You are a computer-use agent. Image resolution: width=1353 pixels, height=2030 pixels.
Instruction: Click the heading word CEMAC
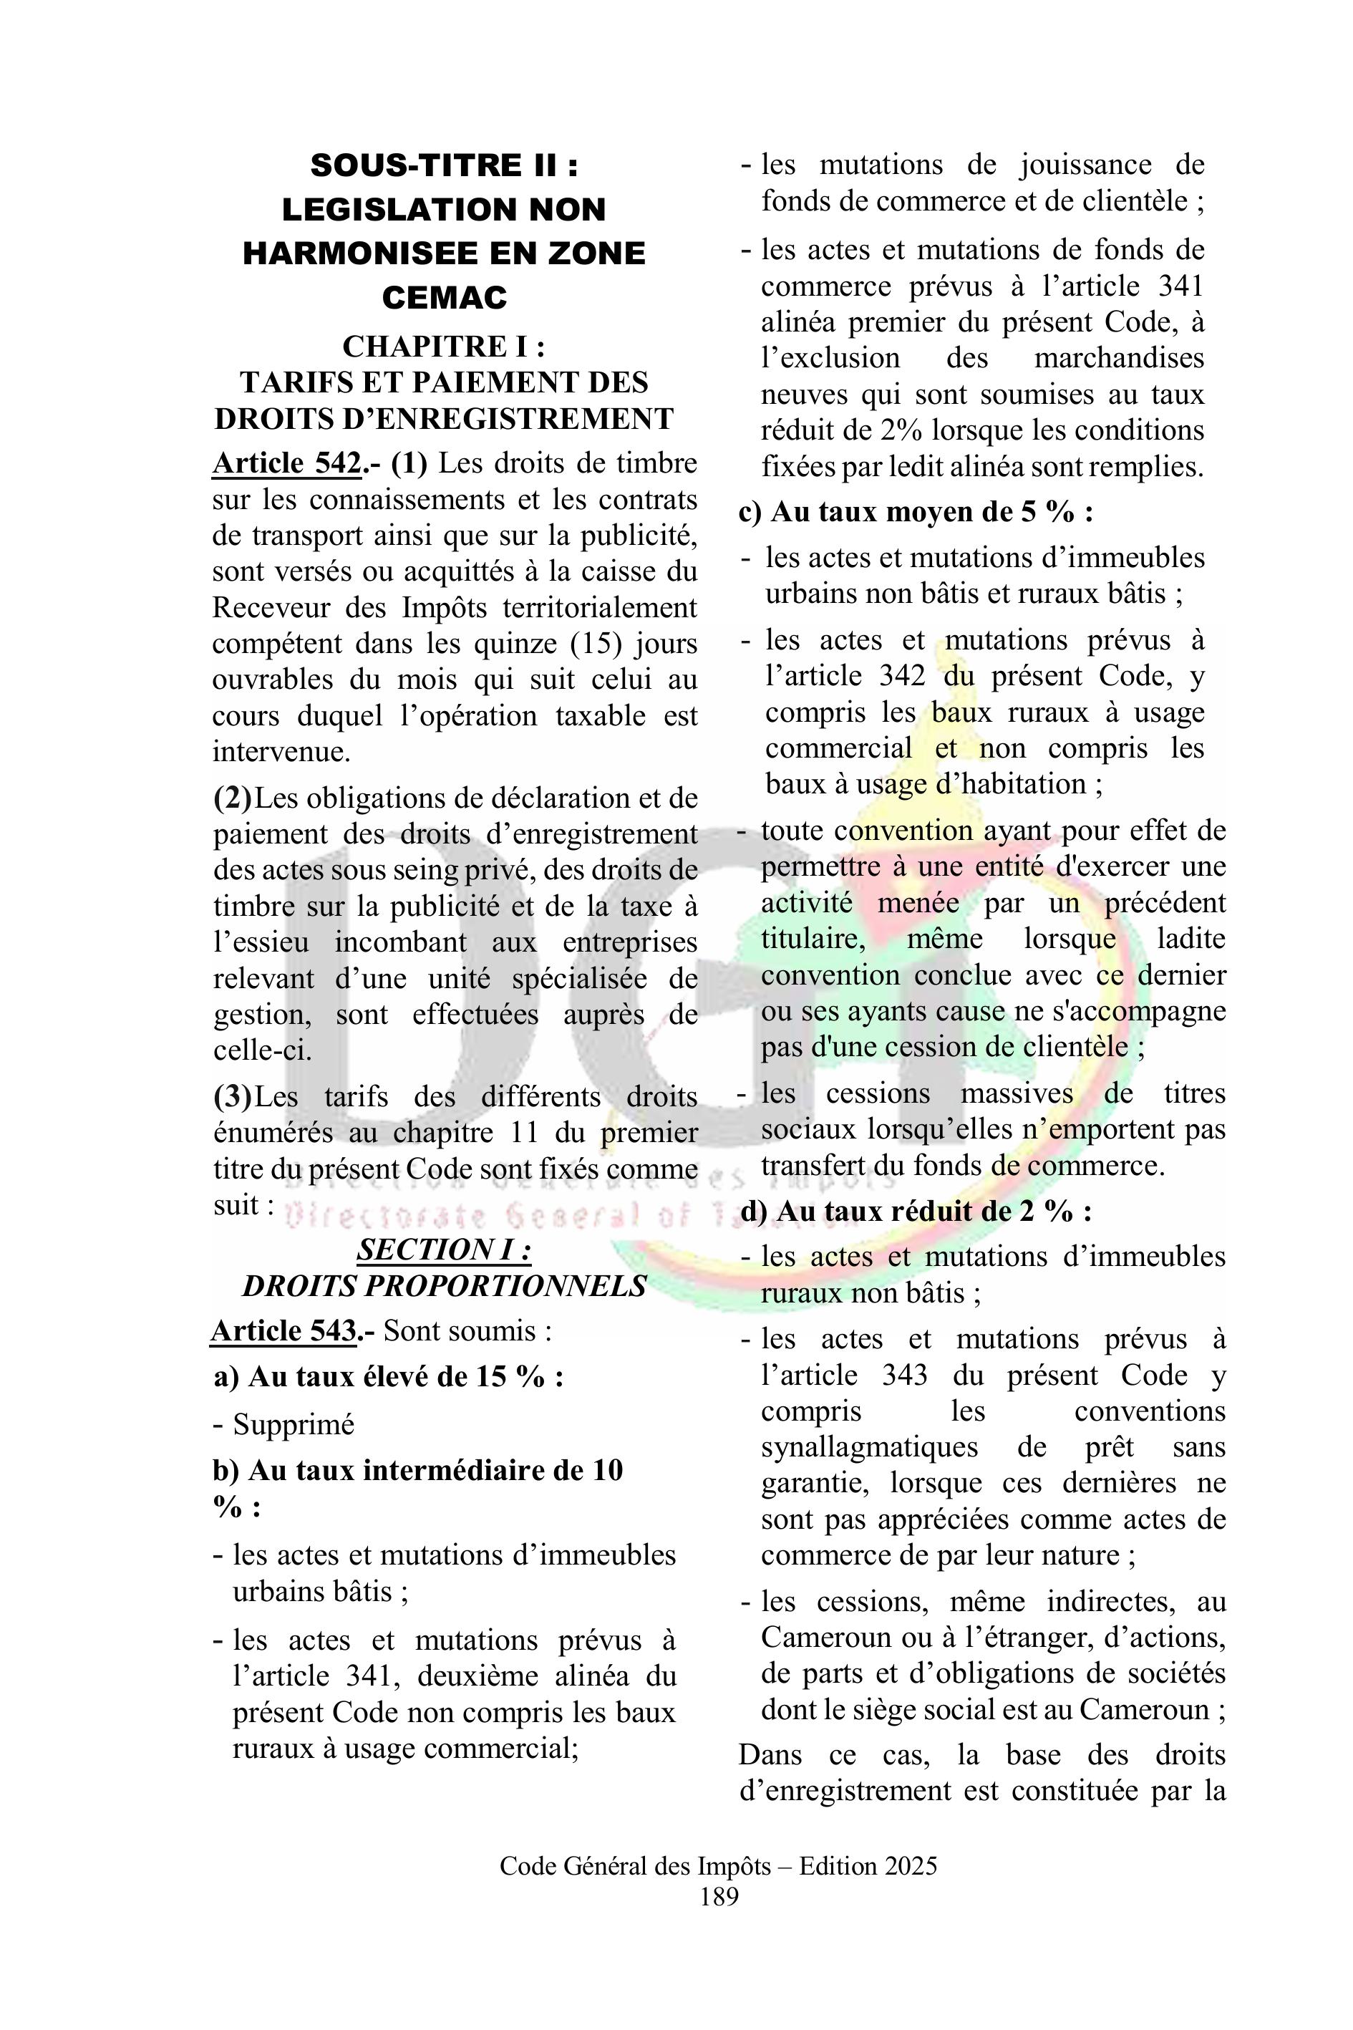pos(444,298)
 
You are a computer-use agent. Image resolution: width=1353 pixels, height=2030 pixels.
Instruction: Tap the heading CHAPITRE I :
pos(444,346)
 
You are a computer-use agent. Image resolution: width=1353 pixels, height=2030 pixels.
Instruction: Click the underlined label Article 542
pos(286,464)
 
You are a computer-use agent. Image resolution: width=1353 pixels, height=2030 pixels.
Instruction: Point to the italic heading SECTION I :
pos(444,1249)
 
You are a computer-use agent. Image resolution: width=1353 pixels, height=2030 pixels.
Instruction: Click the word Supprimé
pos(294,1425)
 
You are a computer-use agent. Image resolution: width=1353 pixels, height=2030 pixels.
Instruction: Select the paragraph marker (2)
pos(232,798)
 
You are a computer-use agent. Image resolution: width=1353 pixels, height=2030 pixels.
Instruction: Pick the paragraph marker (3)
pos(232,1097)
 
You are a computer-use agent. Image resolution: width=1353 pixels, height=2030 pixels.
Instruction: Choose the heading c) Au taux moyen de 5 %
pos(916,513)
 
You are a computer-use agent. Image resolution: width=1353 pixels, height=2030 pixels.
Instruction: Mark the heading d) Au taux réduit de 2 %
pos(915,1212)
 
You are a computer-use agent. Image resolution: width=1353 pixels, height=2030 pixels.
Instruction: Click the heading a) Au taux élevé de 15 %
pos(387,1377)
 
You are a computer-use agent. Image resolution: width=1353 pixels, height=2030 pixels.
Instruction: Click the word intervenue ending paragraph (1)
pos(281,752)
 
